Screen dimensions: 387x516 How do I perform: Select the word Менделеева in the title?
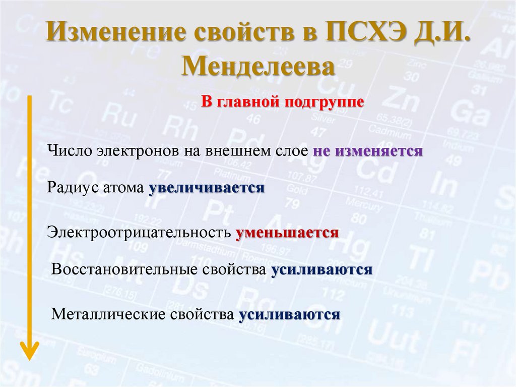tap(258, 66)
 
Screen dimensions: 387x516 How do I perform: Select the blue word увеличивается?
tap(207, 188)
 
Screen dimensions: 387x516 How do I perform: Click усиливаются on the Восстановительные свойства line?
tap(322, 269)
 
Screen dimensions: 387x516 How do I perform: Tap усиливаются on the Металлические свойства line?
tap(290, 314)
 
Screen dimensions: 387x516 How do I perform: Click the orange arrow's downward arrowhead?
tap(30, 350)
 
